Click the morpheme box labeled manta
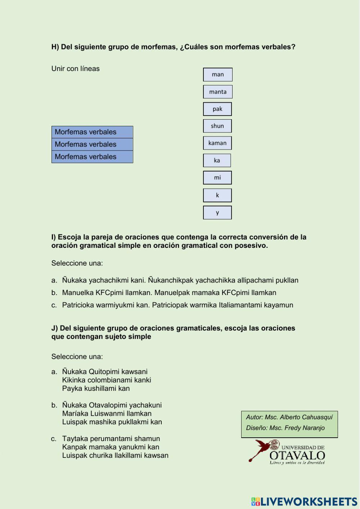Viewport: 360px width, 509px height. click(218, 92)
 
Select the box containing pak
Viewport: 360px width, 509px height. click(217, 109)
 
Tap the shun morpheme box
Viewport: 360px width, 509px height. click(217, 126)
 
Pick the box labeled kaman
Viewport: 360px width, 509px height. click(217, 143)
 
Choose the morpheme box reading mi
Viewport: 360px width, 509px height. click(217, 178)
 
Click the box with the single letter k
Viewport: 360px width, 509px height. click(217, 195)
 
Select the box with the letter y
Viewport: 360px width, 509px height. click(217, 213)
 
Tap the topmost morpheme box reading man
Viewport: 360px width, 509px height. click(218, 75)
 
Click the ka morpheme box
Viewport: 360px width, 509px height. click(217, 160)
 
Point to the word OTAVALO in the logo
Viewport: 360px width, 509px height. click(297, 456)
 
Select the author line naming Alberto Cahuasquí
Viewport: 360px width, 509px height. click(289, 417)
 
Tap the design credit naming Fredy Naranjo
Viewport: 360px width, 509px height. click(285, 428)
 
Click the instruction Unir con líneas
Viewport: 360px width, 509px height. click(76, 68)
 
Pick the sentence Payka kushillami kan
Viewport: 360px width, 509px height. click(96, 388)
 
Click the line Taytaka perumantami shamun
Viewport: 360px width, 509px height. click(111, 438)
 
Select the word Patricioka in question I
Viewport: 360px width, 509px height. click(80, 305)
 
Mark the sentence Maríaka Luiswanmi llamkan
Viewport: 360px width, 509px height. click(107, 414)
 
